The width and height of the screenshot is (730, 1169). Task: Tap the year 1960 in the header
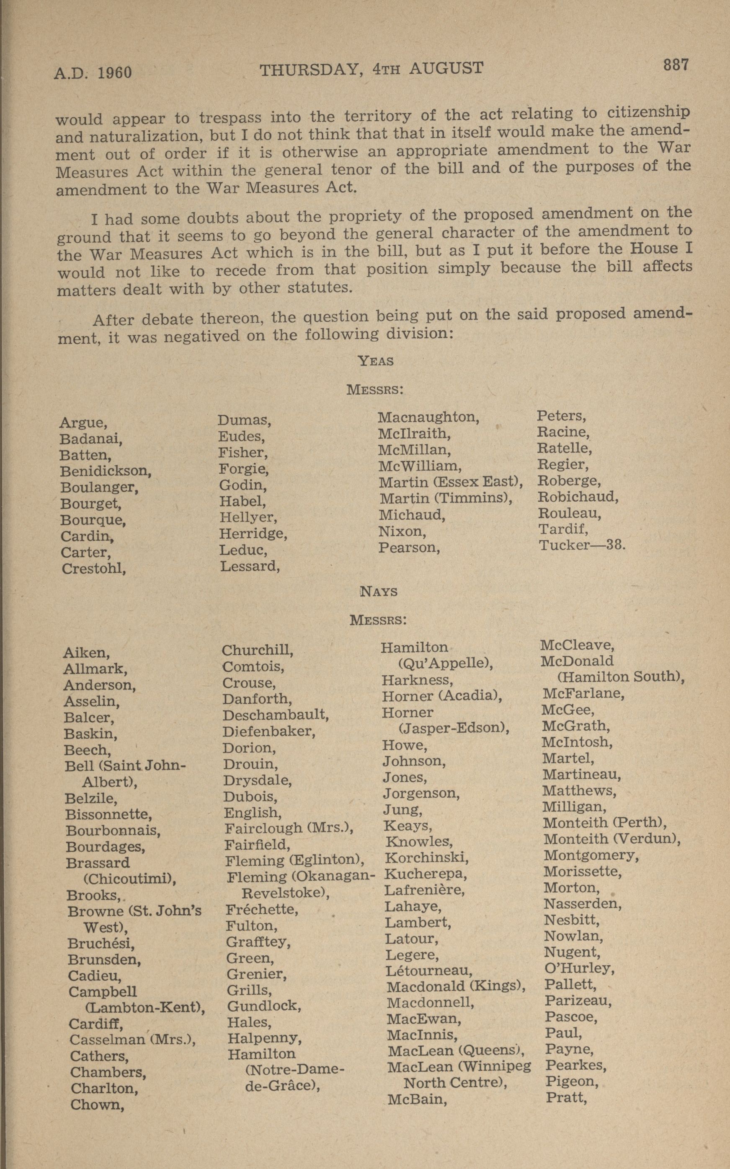tap(114, 73)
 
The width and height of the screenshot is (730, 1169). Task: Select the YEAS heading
tap(376, 361)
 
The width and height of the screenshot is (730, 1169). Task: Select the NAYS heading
tap(379, 591)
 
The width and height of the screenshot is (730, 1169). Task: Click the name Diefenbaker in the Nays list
tap(268, 731)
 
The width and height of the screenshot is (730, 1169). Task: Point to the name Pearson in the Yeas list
tap(408, 548)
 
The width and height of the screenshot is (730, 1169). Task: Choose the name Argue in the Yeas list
tap(83, 422)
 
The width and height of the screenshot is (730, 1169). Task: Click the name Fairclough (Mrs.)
tap(289, 829)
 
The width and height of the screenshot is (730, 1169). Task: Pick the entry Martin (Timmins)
tap(446, 498)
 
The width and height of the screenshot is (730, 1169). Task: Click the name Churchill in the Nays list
tap(257, 650)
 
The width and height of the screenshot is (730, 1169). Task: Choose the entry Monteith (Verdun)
tap(612, 839)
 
